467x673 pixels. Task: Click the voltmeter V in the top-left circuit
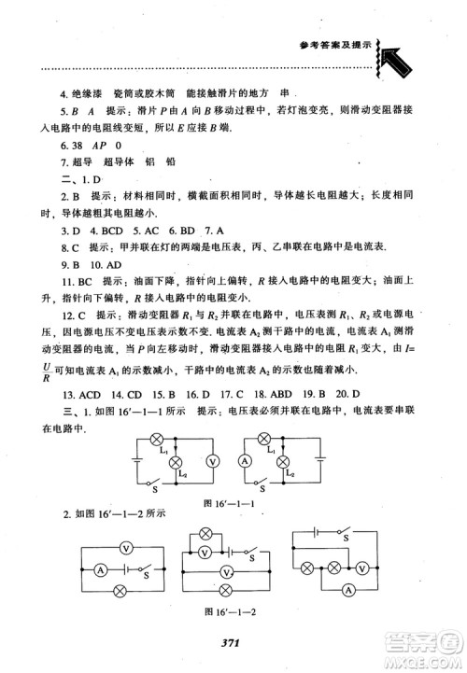pos(212,460)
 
